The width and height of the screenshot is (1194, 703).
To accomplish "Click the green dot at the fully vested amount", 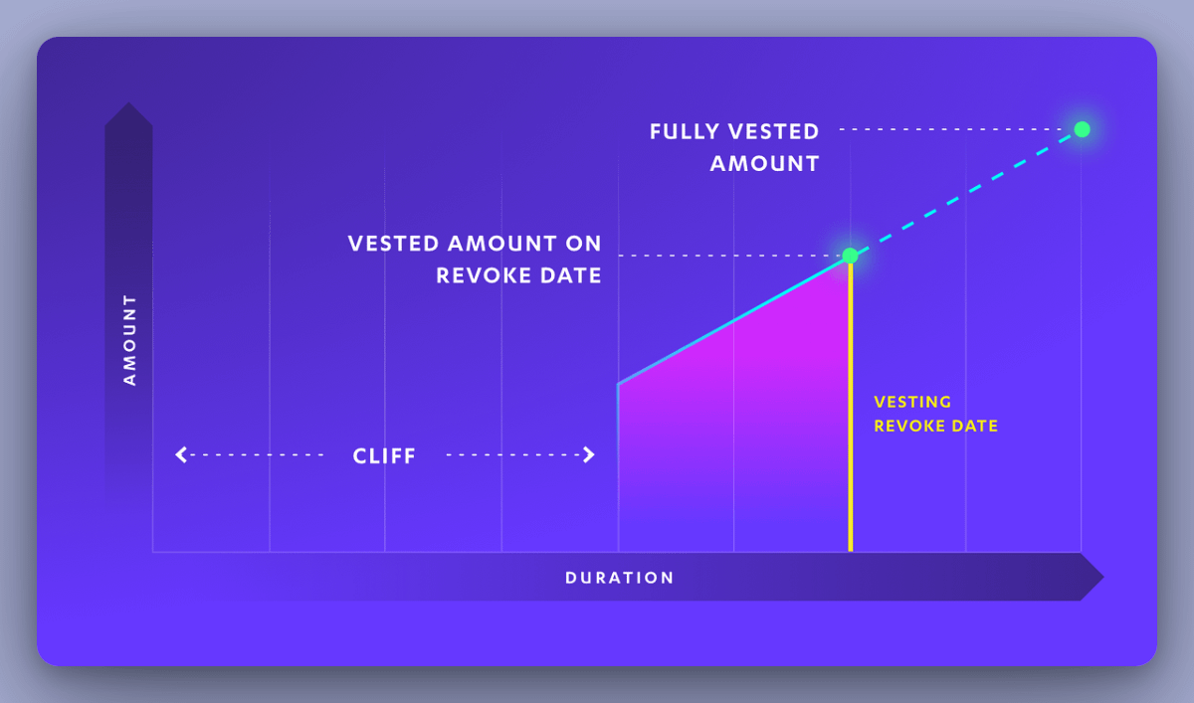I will [1082, 129].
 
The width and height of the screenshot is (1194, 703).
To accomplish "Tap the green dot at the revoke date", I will [850, 256].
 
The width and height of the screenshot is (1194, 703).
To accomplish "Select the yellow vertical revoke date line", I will [850, 418].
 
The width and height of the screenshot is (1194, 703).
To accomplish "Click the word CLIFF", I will [384, 456].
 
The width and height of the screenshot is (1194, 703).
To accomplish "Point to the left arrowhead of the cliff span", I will [181, 455].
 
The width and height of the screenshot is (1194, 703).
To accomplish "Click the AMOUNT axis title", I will [129, 339].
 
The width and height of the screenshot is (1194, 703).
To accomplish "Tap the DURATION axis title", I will [619, 578].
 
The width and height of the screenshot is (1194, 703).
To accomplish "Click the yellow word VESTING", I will [912, 403].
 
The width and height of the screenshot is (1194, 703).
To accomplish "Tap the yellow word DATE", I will [976, 426].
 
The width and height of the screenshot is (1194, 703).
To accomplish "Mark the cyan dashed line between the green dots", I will [965, 193].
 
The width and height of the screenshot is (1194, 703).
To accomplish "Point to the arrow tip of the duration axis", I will [1097, 577].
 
